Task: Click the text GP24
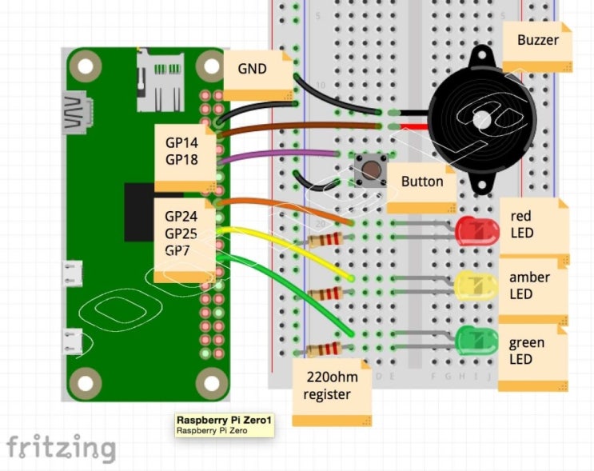(x=181, y=216)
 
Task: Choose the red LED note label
(x=532, y=226)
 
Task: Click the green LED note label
(x=531, y=352)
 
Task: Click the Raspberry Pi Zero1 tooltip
(x=225, y=425)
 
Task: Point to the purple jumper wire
(x=280, y=153)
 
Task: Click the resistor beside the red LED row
(x=325, y=239)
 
